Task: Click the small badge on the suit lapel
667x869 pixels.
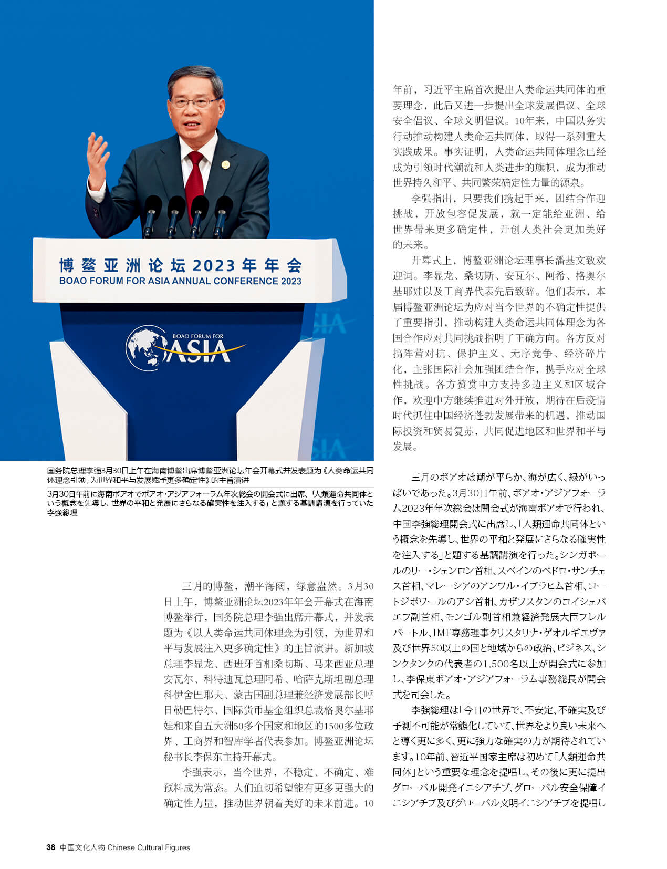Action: [225, 164]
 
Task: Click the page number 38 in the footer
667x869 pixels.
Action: [50, 847]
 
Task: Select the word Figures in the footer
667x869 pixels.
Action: [178, 847]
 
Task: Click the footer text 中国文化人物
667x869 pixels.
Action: [82, 847]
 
